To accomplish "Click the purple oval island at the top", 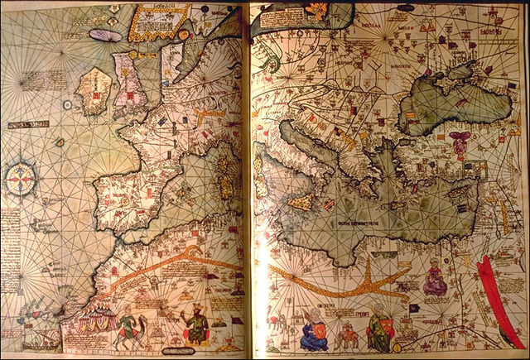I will pyautogui.click(x=105, y=36).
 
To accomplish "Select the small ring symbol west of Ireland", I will pyautogui.click(x=60, y=142).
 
